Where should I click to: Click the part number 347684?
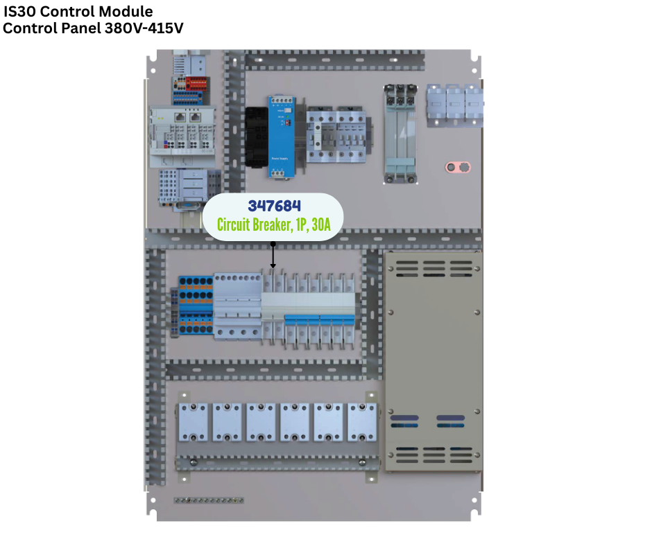(275, 206)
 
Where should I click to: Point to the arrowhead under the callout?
(273, 266)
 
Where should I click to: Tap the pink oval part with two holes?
(457, 167)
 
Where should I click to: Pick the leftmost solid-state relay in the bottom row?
(194, 423)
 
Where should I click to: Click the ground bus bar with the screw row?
(208, 500)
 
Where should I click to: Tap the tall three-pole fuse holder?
(400, 134)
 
